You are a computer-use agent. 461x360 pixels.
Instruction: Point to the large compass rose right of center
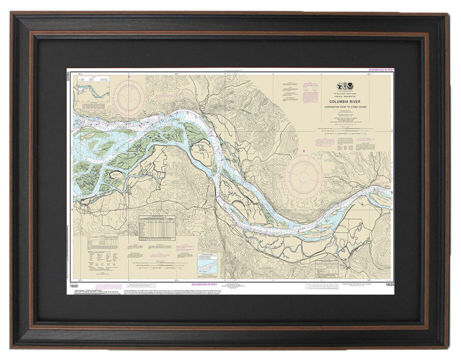click(303, 176)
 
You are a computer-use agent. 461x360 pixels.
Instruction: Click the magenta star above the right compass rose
click(304, 151)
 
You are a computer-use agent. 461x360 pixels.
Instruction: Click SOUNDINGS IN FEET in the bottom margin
click(204, 284)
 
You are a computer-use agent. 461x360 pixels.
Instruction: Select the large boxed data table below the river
click(157, 227)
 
